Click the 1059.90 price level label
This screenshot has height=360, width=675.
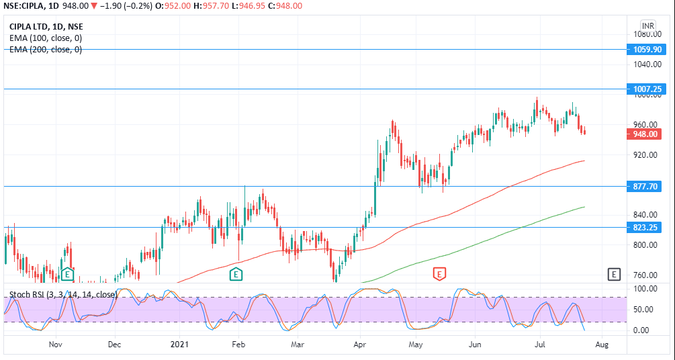point(648,49)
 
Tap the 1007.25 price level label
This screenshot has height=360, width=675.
point(648,89)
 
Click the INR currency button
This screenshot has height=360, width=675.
point(647,26)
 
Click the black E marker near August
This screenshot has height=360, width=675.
point(613,274)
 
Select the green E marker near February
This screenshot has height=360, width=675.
point(236,274)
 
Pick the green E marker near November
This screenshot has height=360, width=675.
point(67,274)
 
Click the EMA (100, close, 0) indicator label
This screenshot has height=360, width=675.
point(46,38)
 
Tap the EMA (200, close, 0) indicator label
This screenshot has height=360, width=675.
point(46,49)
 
